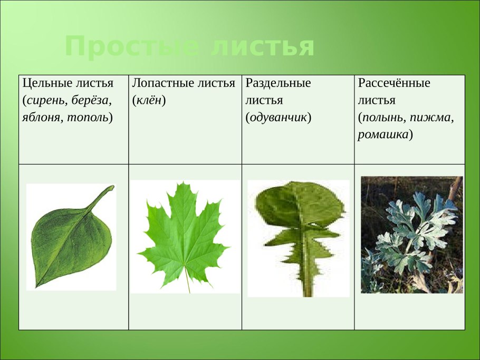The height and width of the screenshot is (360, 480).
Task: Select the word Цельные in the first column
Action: point(43,83)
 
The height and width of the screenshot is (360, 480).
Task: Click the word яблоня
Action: point(41,117)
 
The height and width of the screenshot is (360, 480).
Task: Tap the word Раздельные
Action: point(277,83)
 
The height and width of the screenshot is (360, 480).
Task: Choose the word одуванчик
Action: point(278,117)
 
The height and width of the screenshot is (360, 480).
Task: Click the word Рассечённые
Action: point(393,83)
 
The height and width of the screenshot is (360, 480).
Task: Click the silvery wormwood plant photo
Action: point(411,235)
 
